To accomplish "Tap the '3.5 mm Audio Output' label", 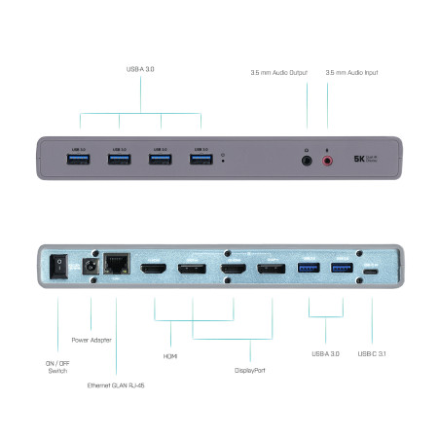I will (x=279, y=72).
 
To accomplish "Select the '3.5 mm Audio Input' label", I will (x=351, y=72).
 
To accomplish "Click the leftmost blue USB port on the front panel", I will (x=79, y=157).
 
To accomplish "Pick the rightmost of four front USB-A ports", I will (x=201, y=157).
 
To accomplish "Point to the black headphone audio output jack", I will (x=308, y=158).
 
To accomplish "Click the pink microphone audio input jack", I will (x=327, y=158).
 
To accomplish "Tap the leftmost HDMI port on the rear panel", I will (x=155, y=270).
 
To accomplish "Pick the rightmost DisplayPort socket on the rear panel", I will (x=270, y=270).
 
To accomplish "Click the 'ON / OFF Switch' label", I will (x=55, y=366).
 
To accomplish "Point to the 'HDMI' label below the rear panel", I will (x=169, y=356).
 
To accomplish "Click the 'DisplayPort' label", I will (x=250, y=371).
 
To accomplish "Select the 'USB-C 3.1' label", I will (x=374, y=353).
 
